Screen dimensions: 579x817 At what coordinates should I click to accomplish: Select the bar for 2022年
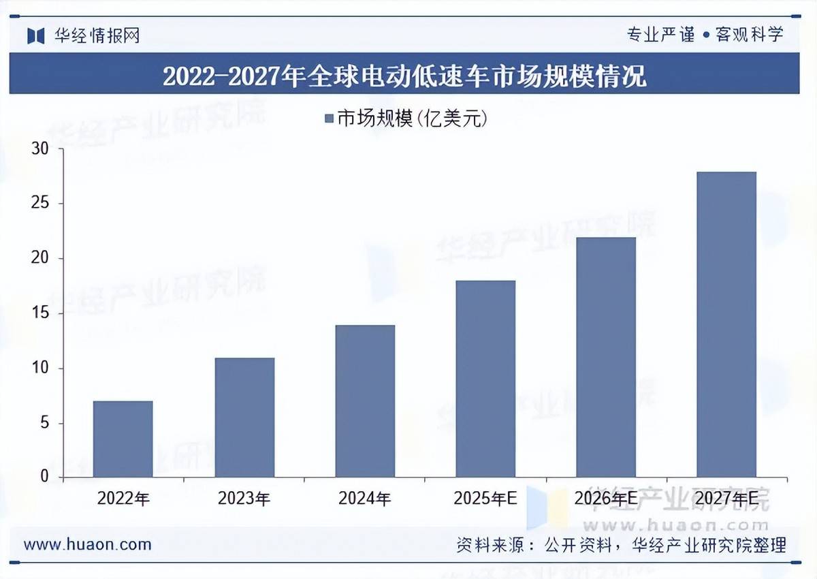pos(123,439)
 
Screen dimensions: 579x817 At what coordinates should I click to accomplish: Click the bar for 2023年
pos(244,418)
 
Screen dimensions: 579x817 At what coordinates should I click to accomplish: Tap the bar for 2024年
pos(365,401)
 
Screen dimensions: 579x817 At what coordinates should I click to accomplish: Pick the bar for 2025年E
pos(485,379)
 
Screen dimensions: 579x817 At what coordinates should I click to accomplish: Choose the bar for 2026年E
pos(606,357)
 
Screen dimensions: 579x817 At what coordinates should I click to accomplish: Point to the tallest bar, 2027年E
pos(726,324)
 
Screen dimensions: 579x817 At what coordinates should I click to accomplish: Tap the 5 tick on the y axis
pos(44,423)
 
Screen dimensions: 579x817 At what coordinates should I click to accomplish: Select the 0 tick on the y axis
pos(44,478)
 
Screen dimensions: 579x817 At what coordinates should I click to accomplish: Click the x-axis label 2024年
pos(365,499)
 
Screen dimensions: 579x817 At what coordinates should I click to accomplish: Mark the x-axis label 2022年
pos(123,499)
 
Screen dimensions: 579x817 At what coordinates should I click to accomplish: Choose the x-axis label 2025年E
pos(485,499)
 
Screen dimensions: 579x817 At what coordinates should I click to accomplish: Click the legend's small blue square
pos(329,119)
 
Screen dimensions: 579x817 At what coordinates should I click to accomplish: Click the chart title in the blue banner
pos(404,75)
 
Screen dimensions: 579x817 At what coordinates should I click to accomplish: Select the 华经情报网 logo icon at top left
pos(36,35)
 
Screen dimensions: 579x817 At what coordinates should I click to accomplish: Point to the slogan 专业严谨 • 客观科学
pos(705,35)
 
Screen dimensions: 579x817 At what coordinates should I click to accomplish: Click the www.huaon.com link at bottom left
pos(87,544)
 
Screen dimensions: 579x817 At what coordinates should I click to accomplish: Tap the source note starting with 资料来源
pos(621,545)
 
